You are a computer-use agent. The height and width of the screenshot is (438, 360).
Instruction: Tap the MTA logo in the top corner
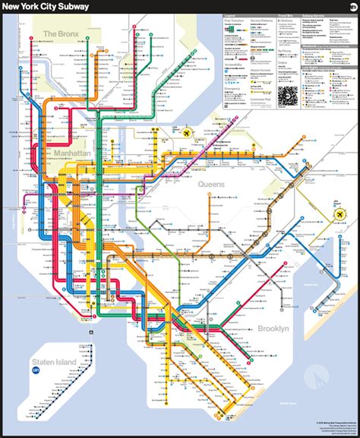click(x=352, y=6)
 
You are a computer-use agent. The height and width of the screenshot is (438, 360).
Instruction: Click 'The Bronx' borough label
click(x=60, y=33)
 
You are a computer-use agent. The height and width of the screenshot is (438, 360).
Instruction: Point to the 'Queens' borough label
click(x=212, y=184)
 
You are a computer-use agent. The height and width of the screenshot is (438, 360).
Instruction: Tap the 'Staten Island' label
click(x=54, y=362)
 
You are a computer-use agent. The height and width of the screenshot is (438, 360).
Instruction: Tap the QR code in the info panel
click(x=288, y=96)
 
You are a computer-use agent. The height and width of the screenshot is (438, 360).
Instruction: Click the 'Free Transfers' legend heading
click(x=234, y=20)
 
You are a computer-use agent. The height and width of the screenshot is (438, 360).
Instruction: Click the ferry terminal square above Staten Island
click(x=90, y=332)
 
